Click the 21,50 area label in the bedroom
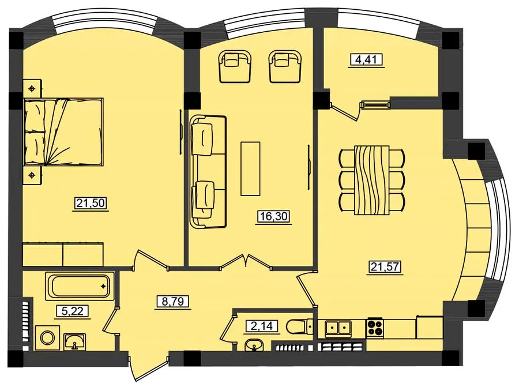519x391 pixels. (91, 202)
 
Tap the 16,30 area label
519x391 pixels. (273, 216)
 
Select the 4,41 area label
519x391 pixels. (366, 59)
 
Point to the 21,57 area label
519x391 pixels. (386, 266)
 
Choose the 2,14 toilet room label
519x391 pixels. (261, 326)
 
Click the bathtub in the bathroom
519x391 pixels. (80, 286)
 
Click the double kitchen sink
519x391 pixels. (337, 329)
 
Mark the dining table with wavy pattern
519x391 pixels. (371, 180)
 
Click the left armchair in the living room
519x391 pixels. (234, 66)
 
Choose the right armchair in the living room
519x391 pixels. (285, 66)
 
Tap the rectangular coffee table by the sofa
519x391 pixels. (250, 168)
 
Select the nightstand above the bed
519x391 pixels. (32, 88)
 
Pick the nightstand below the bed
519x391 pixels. (32, 175)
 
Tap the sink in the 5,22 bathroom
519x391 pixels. (76, 341)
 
